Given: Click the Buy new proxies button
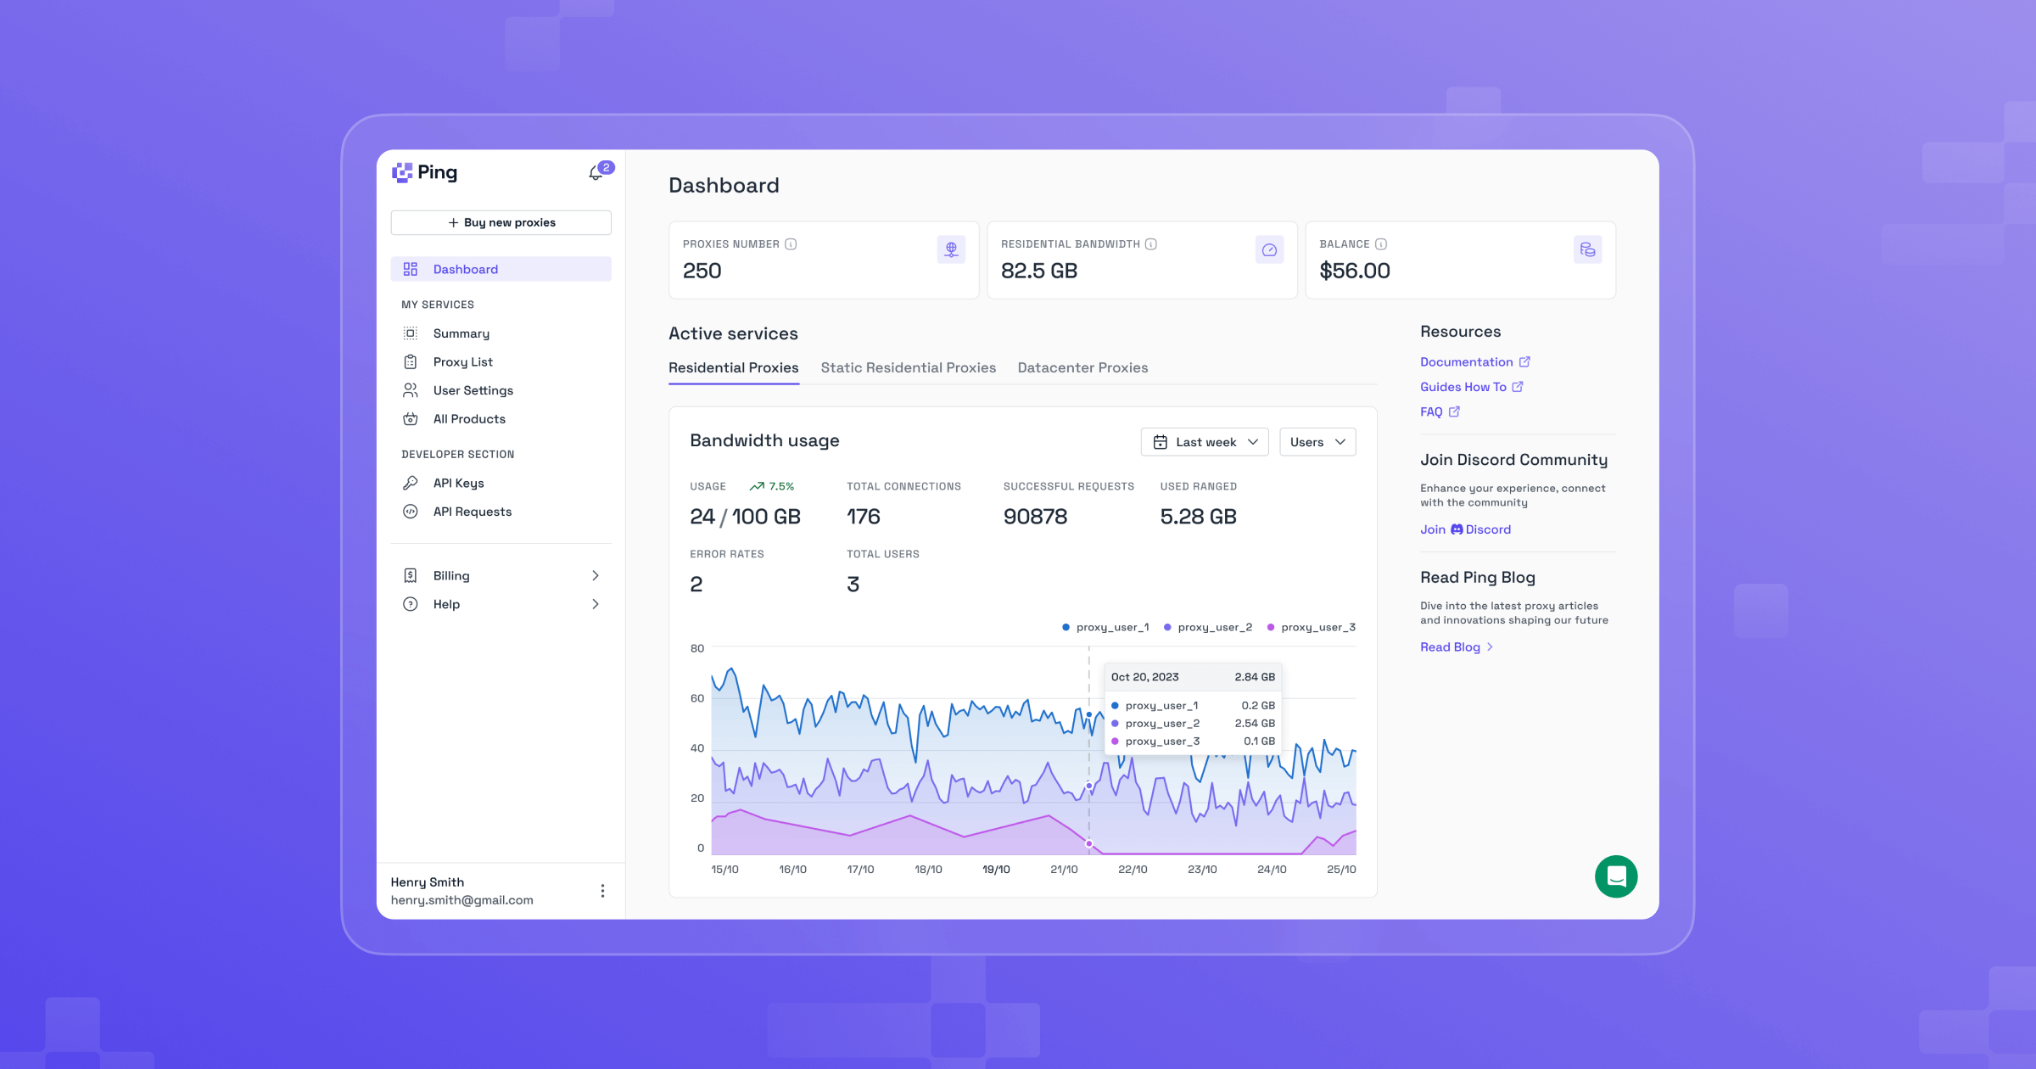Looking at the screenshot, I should [501, 222].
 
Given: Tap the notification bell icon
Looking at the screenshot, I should [596, 173].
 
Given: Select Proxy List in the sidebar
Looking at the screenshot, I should [462, 361].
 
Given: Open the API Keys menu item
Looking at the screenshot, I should [458, 483].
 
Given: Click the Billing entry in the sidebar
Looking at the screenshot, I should [451, 575].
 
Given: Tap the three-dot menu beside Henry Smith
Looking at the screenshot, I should [602, 891].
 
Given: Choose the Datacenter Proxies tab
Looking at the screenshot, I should [1082, 367].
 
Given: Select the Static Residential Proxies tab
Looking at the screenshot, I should [908, 367].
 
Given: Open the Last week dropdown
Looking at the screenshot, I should [1204, 442].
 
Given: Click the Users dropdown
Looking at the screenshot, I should [1317, 442].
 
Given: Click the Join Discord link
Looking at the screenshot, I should [1465, 529].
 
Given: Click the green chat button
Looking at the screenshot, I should [1615, 876].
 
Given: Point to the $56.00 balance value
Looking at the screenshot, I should [1354, 271].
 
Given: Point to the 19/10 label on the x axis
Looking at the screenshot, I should [996, 870].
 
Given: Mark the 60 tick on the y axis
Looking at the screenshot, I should [697, 698].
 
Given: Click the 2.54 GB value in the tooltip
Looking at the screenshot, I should [1254, 724].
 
